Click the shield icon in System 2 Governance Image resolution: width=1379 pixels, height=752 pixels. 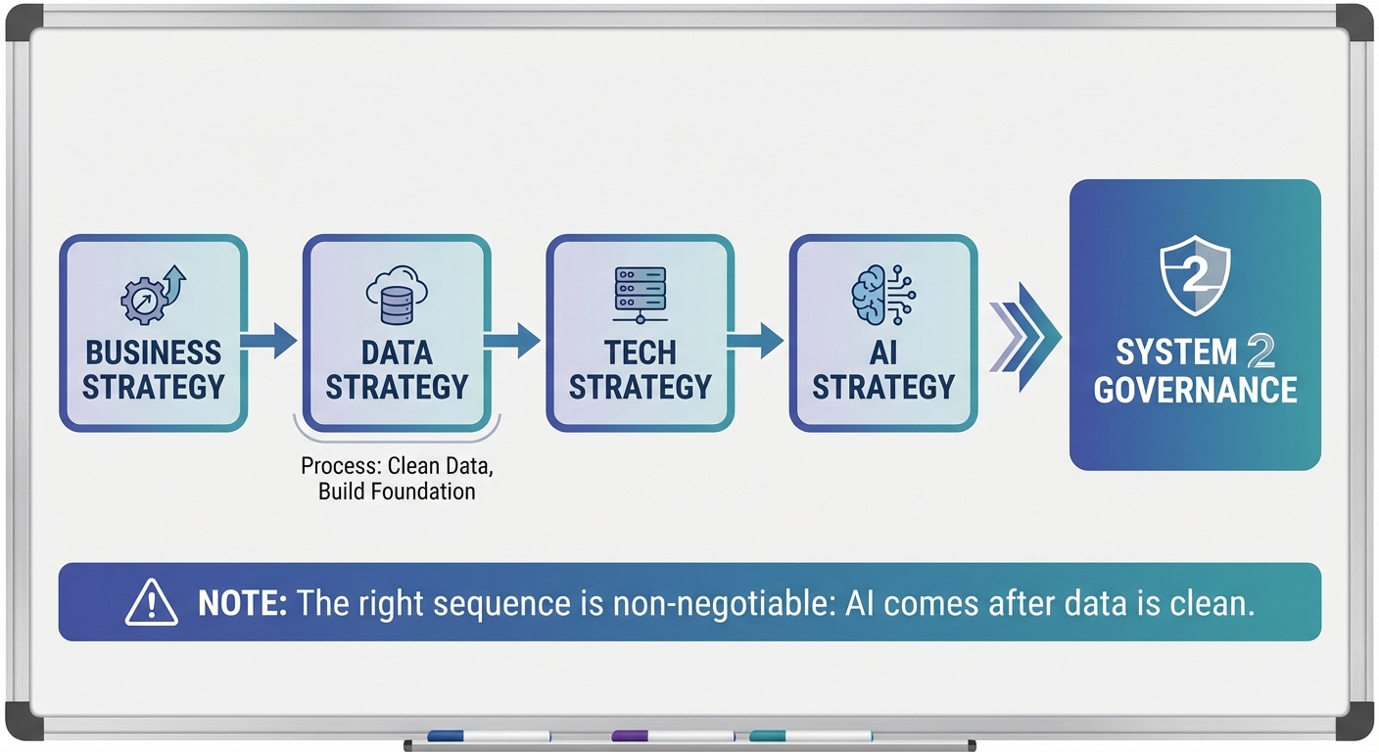(x=1194, y=280)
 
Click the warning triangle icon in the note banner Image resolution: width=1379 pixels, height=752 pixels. (x=152, y=602)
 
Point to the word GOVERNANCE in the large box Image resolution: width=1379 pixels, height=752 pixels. (x=1195, y=390)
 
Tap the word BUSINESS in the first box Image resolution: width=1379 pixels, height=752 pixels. (x=153, y=353)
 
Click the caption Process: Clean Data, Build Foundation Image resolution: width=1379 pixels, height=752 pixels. (x=397, y=478)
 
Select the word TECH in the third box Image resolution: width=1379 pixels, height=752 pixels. (x=640, y=353)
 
